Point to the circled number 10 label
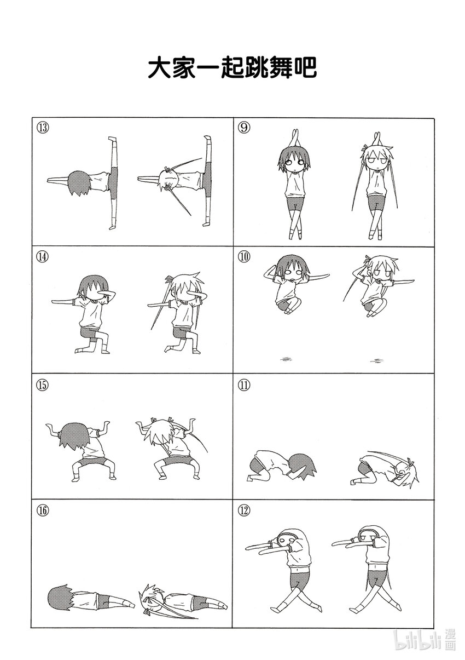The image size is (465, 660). point(245,257)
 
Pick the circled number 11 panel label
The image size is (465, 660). point(245,385)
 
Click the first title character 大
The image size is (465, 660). point(160,68)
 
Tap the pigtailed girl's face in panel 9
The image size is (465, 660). point(377,162)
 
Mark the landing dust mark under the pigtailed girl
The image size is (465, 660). point(377,360)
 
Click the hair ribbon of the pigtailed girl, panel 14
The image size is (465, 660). point(170,278)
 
